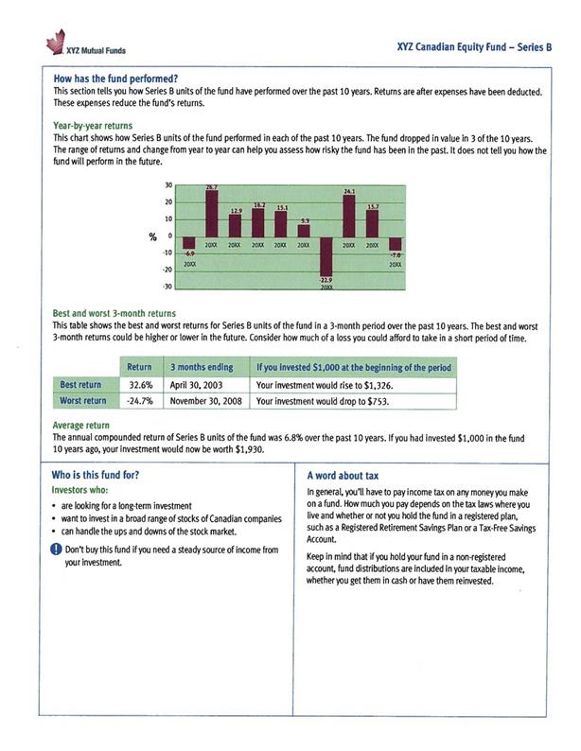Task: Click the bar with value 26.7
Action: pyautogui.click(x=212, y=213)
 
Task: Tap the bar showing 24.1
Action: pyautogui.click(x=349, y=216)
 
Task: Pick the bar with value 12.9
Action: pyautogui.click(x=236, y=225)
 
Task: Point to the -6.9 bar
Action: pyautogui.click(x=189, y=243)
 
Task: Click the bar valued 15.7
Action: pyautogui.click(x=373, y=223)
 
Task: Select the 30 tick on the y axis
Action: pyautogui.click(x=168, y=185)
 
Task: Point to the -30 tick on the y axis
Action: pyautogui.click(x=167, y=287)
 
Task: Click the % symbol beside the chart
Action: pyautogui.click(x=150, y=236)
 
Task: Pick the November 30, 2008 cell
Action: pyautogui.click(x=206, y=401)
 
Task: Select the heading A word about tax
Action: pyautogui.click(x=343, y=477)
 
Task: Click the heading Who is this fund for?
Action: pyautogui.click(x=97, y=477)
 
